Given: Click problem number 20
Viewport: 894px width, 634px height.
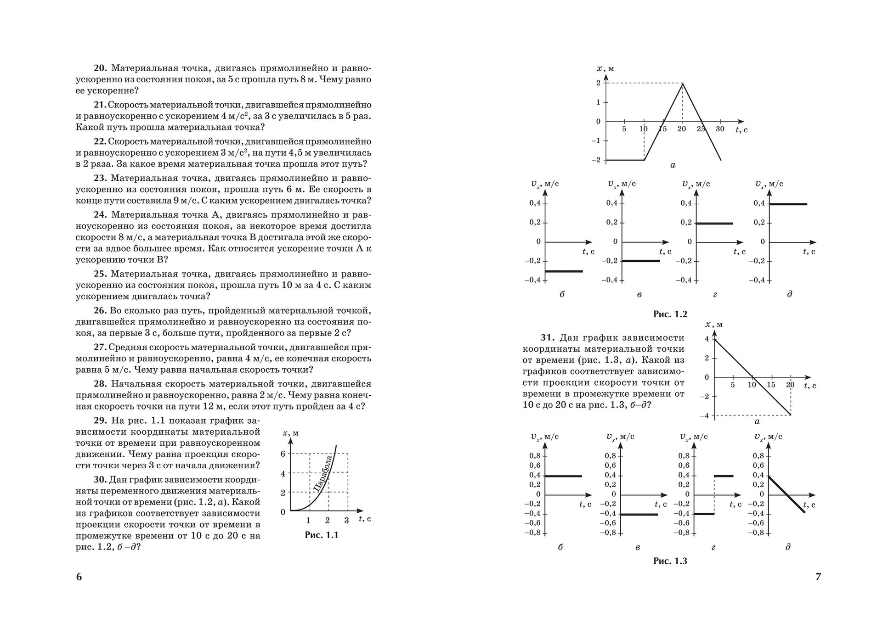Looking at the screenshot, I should click(100, 68).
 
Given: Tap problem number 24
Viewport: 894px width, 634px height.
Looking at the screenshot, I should click(100, 215).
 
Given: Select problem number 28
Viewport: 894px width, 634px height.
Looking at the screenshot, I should click(100, 384).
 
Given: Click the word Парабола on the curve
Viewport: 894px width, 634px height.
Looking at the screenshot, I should click(323, 474).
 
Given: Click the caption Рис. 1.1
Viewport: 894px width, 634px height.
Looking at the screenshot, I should click(321, 535).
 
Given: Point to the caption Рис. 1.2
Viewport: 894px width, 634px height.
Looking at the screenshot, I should click(670, 314).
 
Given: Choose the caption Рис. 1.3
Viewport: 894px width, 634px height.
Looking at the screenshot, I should click(670, 561).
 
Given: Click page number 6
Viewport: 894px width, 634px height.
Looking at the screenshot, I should click(79, 577).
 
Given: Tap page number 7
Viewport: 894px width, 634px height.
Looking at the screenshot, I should click(818, 577).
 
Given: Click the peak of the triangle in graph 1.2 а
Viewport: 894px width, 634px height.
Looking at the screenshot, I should click(682, 83).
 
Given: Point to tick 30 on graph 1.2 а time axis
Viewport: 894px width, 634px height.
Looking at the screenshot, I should click(720, 129).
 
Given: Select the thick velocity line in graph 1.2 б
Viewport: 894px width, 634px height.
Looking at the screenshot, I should click(564, 271).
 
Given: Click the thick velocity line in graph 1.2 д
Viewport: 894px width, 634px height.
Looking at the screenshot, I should click(788, 204).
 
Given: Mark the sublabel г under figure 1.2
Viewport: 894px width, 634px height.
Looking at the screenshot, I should click(715, 294).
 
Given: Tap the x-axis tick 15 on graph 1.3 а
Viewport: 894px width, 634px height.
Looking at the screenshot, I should click(771, 385).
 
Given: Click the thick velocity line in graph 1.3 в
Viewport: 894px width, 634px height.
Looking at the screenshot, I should click(639, 514).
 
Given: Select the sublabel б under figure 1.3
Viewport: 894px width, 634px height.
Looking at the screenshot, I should click(560, 547).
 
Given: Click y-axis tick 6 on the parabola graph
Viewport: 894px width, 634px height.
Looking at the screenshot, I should click(283, 454).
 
